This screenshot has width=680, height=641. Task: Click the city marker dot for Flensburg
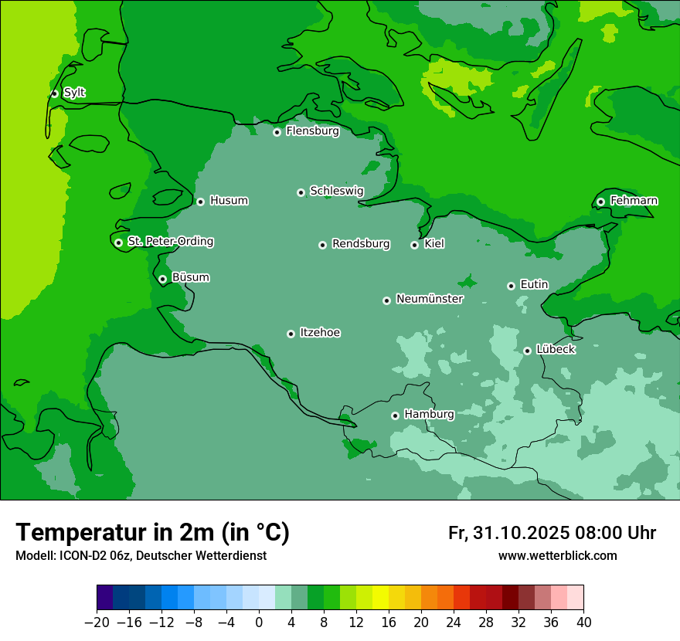[277, 132]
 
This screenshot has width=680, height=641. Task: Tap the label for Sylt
[74, 93]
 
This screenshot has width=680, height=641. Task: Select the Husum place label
[229, 201]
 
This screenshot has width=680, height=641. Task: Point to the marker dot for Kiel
[414, 245]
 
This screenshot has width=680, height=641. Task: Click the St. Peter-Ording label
[170, 242]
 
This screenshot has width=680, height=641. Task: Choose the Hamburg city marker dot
[395, 415]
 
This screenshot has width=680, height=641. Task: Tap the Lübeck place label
[555, 350]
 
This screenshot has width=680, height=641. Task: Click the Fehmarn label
[634, 201]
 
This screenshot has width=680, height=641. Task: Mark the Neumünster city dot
[386, 300]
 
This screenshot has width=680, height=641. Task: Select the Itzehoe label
[320, 333]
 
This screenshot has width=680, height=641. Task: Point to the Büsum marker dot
[162, 279]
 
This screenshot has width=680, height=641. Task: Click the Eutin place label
[534, 285]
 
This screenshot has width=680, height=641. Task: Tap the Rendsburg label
[361, 244]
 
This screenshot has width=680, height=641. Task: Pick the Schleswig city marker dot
[301, 192]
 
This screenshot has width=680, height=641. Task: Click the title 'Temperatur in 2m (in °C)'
[152, 532]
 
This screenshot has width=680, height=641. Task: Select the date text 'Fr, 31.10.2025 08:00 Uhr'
[552, 533]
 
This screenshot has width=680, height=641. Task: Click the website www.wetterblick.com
[557, 555]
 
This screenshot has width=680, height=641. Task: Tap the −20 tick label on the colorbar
[97, 622]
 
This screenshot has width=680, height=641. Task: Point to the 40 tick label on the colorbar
[583, 622]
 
